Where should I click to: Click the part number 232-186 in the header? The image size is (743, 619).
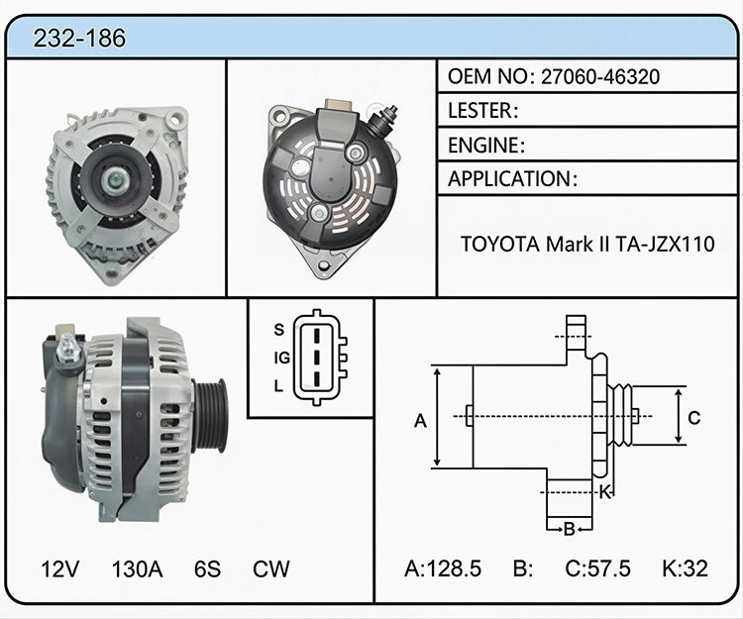(x=79, y=38)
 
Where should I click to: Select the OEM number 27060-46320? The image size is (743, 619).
(x=600, y=76)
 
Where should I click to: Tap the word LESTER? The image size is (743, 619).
(x=480, y=110)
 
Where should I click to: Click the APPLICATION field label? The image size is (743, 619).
(x=509, y=179)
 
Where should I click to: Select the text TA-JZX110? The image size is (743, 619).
(x=665, y=245)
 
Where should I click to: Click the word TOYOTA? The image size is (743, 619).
(x=500, y=245)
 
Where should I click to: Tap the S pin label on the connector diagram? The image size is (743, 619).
(x=279, y=329)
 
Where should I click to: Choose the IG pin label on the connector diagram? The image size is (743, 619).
(x=282, y=359)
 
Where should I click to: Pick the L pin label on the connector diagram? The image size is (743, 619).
(x=278, y=386)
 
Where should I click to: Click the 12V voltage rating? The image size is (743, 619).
(x=60, y=568)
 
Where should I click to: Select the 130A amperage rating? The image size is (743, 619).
(x=137, y=568)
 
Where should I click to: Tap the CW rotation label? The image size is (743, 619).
(x=271, y=568)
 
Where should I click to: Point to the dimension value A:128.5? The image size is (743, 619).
(x=443, y=568)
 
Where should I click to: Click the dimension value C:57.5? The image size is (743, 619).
(x=597, y=568)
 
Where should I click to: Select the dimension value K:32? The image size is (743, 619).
(x=685, y=568)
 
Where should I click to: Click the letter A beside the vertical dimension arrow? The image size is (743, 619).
(x=420, y=421)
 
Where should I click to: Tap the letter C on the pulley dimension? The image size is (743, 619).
(x=693, y=418)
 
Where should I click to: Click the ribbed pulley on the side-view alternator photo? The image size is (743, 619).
(x=210, y=415)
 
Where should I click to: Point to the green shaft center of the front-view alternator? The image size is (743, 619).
(x=115, y=180)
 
